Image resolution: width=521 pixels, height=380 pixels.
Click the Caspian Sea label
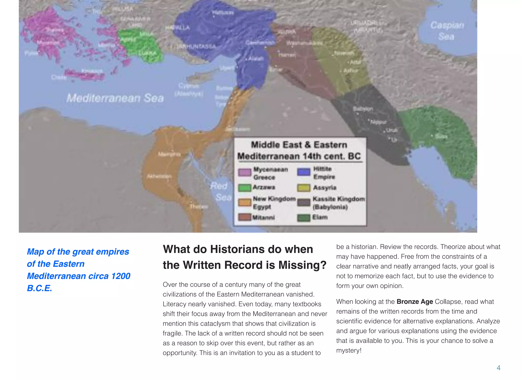coord(447,31)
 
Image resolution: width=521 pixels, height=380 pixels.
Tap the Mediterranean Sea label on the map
coord(115,98)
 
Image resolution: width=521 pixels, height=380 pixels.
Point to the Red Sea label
coord(220,191)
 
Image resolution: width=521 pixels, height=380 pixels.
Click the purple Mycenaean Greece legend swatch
coord(244,172)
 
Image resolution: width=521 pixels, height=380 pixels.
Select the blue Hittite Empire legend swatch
coord(304,172)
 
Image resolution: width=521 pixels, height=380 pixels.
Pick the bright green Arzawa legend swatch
coord(244,188)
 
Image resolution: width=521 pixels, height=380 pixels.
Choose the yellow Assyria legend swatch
coord(304,188)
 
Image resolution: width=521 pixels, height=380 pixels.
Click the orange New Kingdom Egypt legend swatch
coord(244,202)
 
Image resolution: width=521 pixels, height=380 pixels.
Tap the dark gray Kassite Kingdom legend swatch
coord(304,202)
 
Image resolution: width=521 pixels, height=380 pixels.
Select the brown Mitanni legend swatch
coord(244,217)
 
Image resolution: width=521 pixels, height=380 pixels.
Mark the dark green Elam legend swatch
coord(304,218)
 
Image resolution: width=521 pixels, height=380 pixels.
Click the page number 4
coord(498,368)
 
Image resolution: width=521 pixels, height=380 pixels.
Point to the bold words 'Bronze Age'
coord(415,302)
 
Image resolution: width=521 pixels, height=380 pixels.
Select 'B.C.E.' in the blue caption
coord(39,288)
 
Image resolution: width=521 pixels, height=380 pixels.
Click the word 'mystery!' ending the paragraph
coord(349,351)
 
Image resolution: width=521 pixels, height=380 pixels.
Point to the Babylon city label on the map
coord(363,109)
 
